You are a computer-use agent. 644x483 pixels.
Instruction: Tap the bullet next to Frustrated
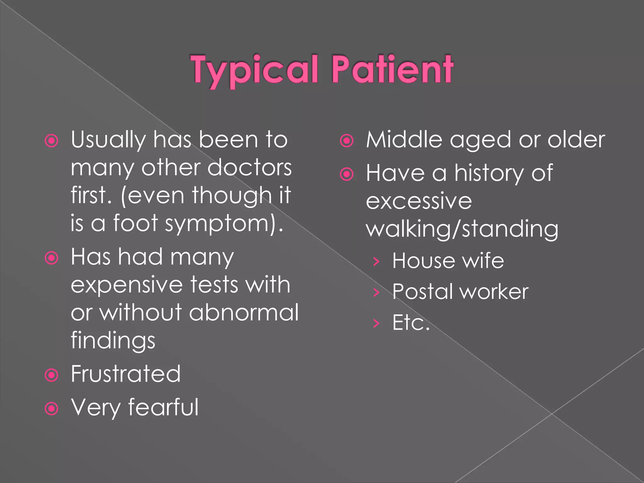click(x=52, y=375)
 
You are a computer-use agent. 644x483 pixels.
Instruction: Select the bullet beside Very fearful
click(x=52, y=408)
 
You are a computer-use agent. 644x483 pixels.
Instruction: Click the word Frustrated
click(x=125, y=374)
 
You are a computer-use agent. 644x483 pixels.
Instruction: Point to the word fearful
click(x=163, y=407)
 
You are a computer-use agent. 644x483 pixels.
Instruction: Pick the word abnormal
click(x=244, y=313)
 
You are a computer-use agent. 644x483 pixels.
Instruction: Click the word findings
click(x=113, y=341)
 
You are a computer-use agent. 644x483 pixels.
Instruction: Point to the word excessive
click(x=419, y=201)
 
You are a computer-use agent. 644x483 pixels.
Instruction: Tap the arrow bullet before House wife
click(x=376, y=261)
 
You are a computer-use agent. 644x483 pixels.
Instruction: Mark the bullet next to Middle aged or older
click(x=347, y=141)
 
